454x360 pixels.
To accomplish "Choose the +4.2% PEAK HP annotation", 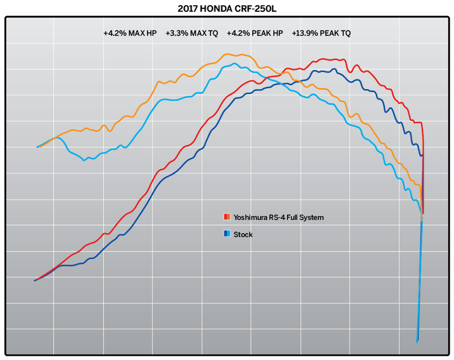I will point(254,33).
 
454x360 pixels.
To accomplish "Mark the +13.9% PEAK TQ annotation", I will point(322,33).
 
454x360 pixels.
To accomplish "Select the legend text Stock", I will point(243,235).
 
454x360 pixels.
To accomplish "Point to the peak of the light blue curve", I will point(234,64).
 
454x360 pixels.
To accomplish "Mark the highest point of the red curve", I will point(323,59).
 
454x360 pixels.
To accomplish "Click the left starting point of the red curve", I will point(35,280).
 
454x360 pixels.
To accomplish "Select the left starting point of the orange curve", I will point(38,147).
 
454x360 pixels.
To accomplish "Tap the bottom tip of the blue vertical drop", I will point(417,342).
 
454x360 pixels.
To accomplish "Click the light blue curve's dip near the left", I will point(86,160).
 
